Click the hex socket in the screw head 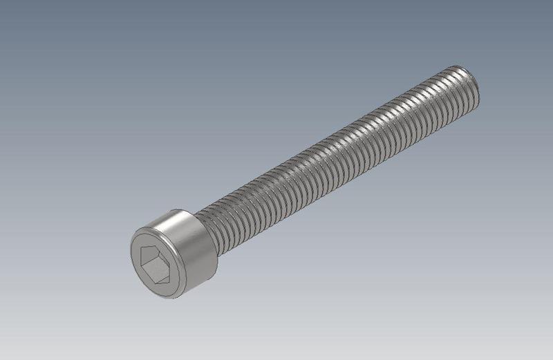[x=158, y=263]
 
